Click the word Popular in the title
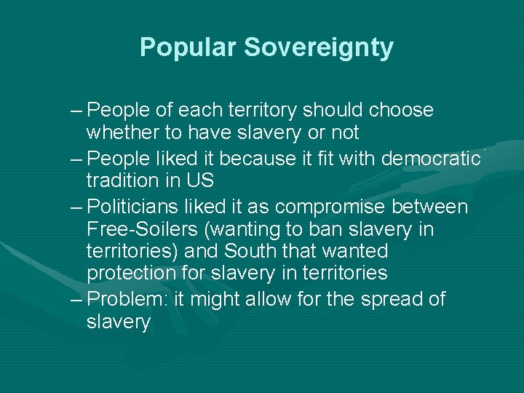(188, 47)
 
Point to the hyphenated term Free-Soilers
(143, 229)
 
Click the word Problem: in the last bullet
(128, 300)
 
